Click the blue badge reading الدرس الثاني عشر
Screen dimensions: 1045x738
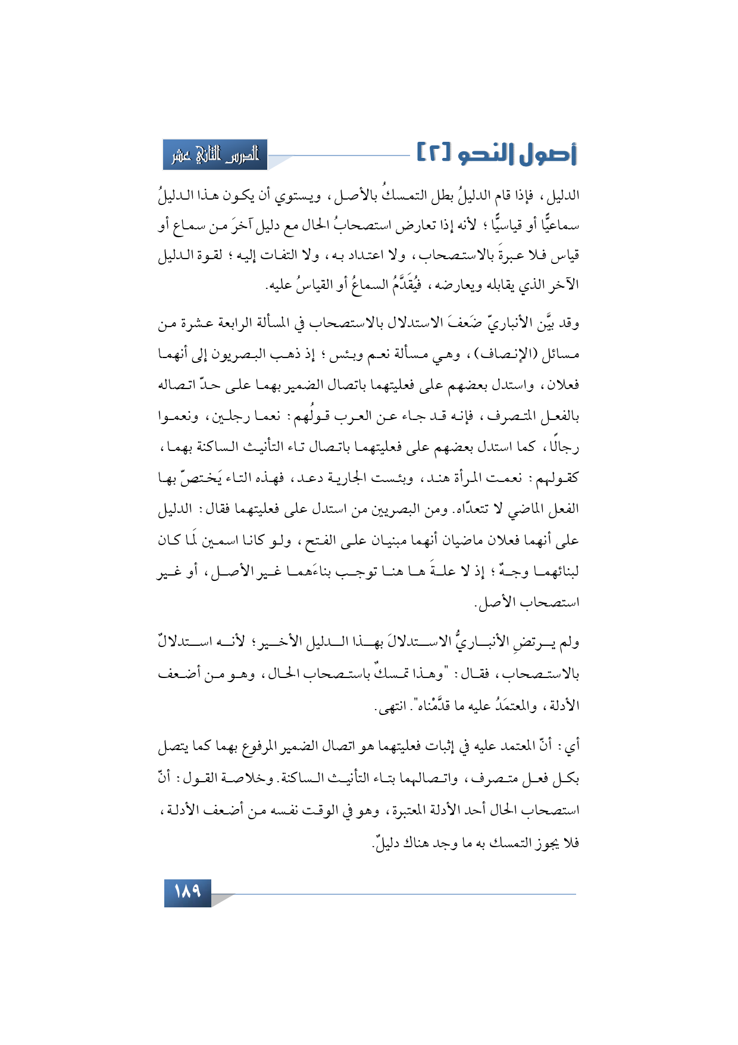pos(215,155)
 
